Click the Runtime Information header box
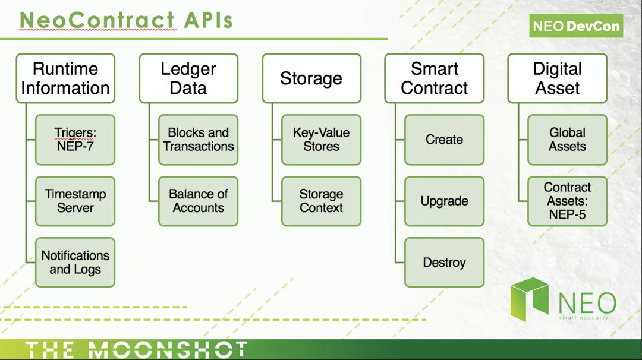click(65, 78)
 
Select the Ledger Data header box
click(188, 78)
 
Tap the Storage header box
click(311, 78)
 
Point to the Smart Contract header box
click(435, 78)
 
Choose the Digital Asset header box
click(557, 78)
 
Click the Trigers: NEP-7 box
click(75, 140)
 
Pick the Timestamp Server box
click(75, 201)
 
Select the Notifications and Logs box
click(75, 262)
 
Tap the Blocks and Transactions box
click(198, 140)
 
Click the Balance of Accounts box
click(198, 201)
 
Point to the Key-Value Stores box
click(322, 140)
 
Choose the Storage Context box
click(322, 201)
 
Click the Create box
click(444, 140)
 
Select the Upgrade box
click(444, 201)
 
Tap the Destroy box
click(444, 262)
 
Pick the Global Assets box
click(568, 140)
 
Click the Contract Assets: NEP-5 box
click(568, 201)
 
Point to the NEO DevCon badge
click(576, 26)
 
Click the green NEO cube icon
click(529, 299)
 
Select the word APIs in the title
click(209, 20)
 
